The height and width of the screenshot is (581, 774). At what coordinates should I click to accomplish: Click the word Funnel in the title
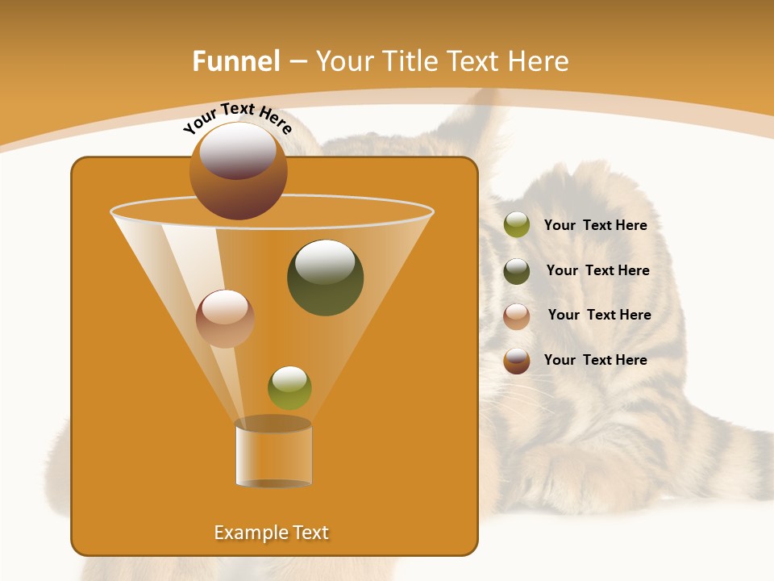[x=236, y=61]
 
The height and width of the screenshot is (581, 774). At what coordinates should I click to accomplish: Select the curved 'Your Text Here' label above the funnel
[x=237, y=118]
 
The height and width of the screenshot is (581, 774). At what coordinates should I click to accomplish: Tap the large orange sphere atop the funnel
[x=238, y=170]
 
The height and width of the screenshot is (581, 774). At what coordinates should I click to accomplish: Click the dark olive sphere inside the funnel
[x=325, y=277]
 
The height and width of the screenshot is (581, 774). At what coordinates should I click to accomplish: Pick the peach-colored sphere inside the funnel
[x=225, y=318]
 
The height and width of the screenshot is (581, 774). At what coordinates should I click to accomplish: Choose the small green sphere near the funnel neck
[x=289, y=387]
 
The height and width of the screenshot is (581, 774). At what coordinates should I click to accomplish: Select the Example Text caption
[x=271, y=533]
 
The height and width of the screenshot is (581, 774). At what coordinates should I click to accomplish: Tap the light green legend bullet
[x=517, y=225]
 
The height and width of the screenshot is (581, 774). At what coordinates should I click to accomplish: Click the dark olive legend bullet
[x=517, y=271]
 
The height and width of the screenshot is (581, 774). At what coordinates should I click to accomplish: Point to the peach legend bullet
[x=517, y=316]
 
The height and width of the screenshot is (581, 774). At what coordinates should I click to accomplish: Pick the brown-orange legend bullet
[x=517, y=361]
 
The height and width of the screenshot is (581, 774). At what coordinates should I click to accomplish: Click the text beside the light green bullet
[x=595, y=225]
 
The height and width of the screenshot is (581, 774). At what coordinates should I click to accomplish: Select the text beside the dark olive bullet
[x=597, y=270]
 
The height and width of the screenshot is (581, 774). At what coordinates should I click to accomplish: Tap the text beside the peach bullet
[x=599, y=315]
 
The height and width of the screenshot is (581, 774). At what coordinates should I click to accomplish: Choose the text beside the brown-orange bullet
[x=595, y=360]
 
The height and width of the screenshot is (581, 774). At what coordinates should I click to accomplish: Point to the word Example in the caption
[x=245, y=533]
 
